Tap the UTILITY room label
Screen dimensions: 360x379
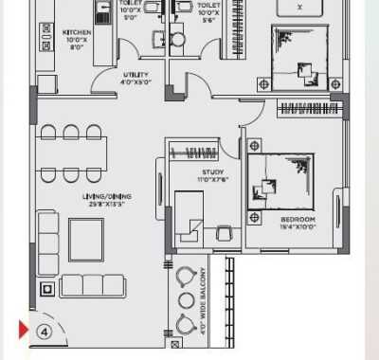click(135, 78)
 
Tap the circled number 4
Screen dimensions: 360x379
click(44, 332)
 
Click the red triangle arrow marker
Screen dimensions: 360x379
click(23, 331)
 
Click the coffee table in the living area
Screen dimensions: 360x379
click(86, 240)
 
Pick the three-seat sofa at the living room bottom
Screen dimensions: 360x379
click(93, 286)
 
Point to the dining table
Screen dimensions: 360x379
click(70, 153)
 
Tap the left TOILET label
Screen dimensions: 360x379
click(130, 9)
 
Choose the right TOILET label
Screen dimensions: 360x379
click(208, 9)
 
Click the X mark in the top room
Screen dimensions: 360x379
click(300, 6)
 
